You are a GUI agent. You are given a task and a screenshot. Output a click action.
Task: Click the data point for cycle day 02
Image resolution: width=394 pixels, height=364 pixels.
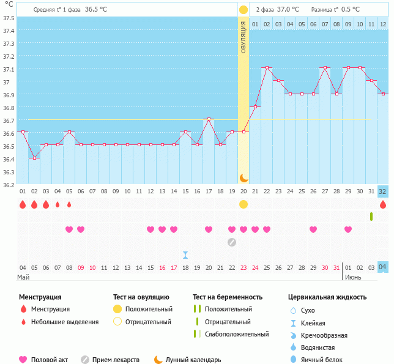[x=34, y=158]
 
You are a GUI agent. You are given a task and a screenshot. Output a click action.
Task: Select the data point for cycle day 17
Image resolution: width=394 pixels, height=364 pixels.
[x=209, y=119]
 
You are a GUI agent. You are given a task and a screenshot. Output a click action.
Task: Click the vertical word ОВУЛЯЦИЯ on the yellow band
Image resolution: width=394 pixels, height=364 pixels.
[x=243, y=37]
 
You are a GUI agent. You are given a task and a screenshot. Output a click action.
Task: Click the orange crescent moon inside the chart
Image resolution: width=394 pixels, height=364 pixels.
[x=243, y=177]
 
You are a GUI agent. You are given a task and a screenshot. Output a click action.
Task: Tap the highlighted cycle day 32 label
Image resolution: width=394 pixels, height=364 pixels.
[x=382, y=191]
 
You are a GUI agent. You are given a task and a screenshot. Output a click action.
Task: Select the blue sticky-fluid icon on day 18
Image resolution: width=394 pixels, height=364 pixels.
[x=185, y=254]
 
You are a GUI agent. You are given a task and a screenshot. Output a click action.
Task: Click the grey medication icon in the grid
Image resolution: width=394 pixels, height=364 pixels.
[x=232, y=242]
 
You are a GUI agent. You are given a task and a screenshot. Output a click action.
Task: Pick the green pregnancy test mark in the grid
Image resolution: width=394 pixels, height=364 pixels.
[x=371, y=217]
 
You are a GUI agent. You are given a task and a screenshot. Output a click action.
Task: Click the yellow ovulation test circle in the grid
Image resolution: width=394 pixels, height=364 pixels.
[x=243, y=204]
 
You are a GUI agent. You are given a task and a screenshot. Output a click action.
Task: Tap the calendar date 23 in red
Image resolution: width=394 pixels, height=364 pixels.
[x=243, y=267]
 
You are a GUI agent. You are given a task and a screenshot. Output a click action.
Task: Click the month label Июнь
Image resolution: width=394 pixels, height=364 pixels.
[x=352, y=277]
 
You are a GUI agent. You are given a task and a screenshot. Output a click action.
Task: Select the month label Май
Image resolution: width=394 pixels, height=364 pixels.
[x=23, y=277]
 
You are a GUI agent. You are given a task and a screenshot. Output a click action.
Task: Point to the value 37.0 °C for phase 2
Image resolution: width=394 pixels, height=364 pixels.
[x=288, y=9]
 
